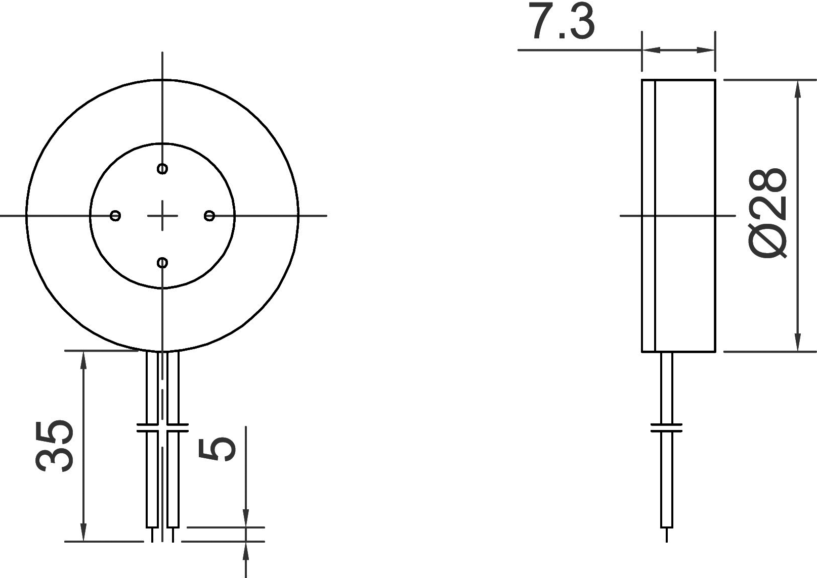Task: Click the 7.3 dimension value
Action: (x=562, y=22)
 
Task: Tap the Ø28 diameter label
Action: (x=768, y=214)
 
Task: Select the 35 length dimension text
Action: (x=54, y=446)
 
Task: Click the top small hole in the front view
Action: (x=162, y=169)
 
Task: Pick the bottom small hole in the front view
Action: (x=162, y=262)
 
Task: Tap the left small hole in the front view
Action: (x=115, y=216)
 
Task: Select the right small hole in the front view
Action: (x=209, y=216)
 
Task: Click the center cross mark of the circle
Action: (x=162, y=216)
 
